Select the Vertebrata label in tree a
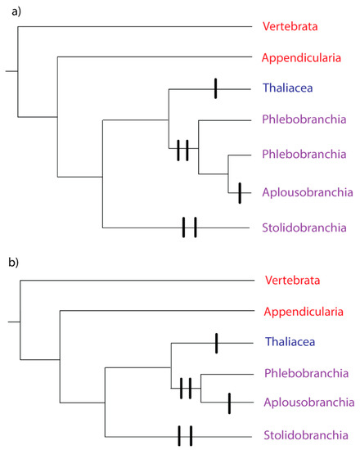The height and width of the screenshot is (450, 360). (x=290, y=26)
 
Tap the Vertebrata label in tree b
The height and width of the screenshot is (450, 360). (x=293, y=281)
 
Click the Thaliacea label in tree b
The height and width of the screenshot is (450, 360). (x=293, y=343)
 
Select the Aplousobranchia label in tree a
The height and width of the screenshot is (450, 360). (x=308, y=192)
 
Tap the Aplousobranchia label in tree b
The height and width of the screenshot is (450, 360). (x=309, y=403)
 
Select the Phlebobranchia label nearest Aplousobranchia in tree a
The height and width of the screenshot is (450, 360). (x=301, y=154)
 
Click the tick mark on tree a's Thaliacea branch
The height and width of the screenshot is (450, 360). (x=215, y=88)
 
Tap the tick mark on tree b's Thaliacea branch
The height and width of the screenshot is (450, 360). (x=216, y=343)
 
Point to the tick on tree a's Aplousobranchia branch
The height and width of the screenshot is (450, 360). (x=239, y=192)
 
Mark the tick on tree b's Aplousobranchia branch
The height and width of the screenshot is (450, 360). (x=230, y=403)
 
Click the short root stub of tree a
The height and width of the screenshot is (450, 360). (x=11, y=71)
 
